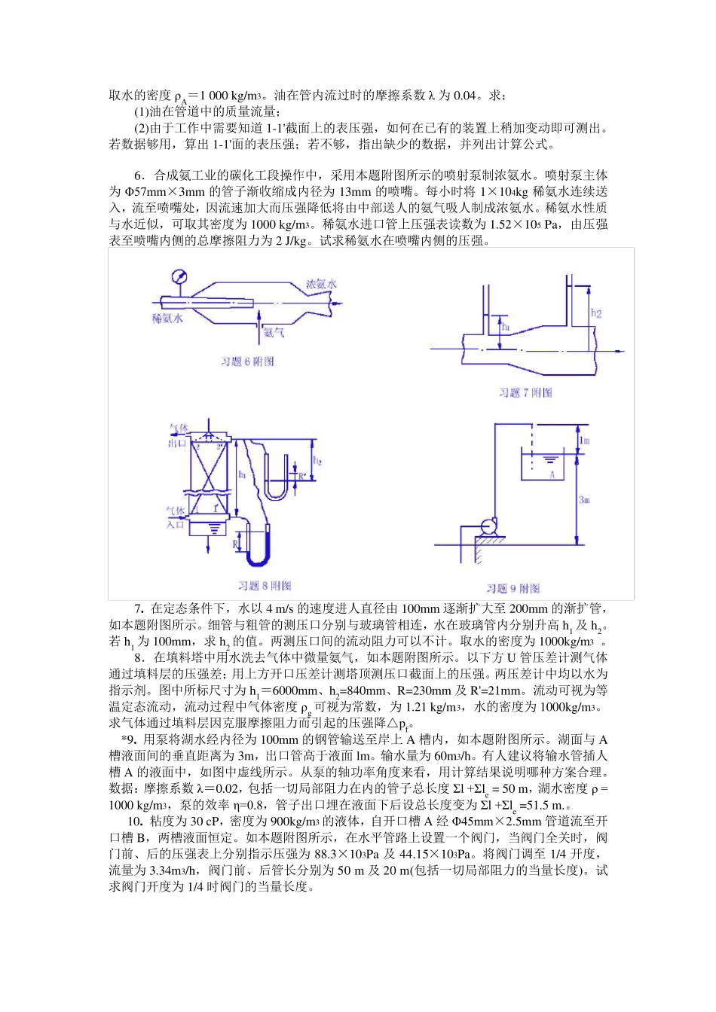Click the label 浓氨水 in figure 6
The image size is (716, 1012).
click(321, 284)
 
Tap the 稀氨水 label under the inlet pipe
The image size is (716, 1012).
click(167, 319)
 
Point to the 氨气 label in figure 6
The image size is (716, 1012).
click(274, 332)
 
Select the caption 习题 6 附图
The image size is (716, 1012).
click(247, 362)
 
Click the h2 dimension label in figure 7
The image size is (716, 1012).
click(596, 313)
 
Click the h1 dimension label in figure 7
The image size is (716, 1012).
click(506, 328)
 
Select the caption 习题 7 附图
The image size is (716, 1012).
click(525, 393)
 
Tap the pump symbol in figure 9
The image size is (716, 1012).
click(489, 527)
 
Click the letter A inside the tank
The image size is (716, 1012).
click(552, 474)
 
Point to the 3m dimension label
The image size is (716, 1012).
click(584, 499)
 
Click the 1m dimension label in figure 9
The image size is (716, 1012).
click(584, 440)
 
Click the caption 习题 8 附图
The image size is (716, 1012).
click(265, 586)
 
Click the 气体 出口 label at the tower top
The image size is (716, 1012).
click(178, 436)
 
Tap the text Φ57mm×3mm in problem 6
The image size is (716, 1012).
click(164, 192)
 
